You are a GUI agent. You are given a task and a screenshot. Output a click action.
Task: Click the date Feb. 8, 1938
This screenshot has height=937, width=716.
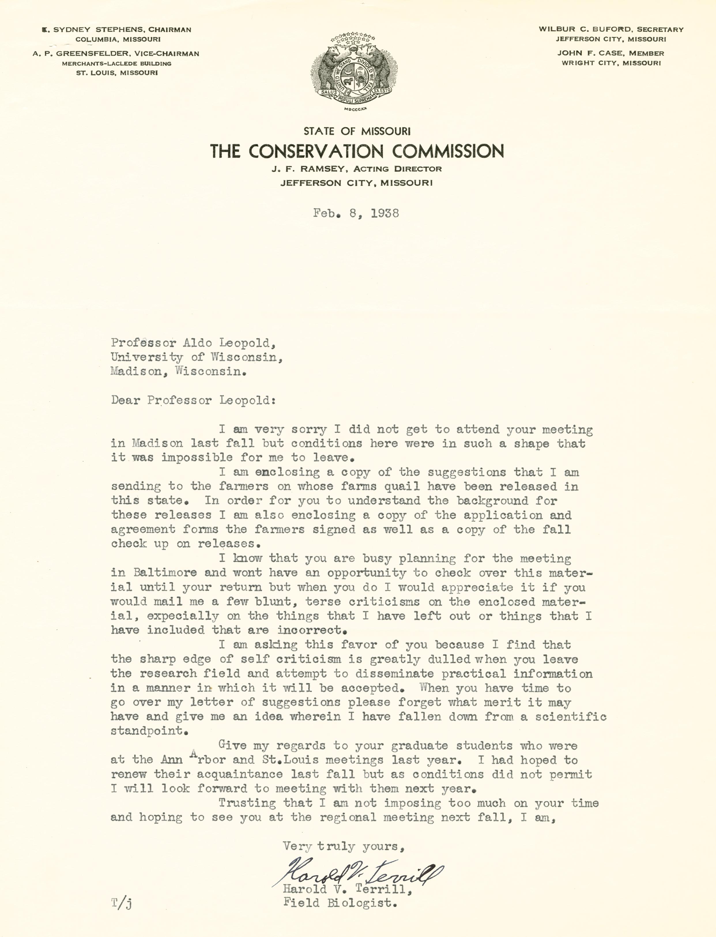[x=356, y=213]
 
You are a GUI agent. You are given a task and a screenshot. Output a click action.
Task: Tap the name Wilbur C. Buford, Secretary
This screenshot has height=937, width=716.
[x=611, y=29]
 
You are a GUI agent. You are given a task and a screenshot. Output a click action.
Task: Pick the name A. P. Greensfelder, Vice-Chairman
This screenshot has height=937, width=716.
[x=116, y=54]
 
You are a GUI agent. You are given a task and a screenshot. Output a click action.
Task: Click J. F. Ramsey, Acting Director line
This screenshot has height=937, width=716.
[x=357, y=169]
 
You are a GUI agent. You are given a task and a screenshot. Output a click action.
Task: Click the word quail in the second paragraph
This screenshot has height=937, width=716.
[x=402, y=486]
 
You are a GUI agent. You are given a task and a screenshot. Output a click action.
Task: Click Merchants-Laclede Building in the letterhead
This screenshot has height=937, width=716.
[x=117, y=63]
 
